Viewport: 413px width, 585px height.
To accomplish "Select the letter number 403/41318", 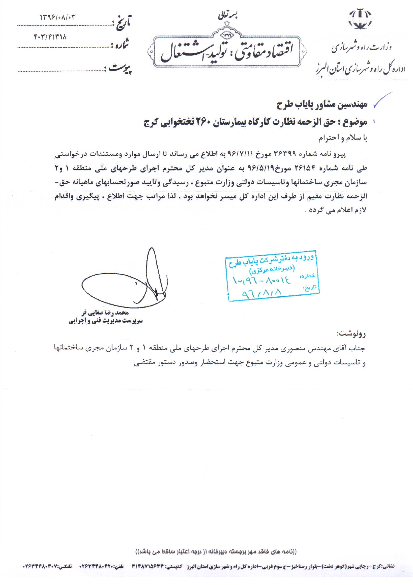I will tap(50, 37).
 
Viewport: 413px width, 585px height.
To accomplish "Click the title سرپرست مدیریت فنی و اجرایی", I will tap(105, 321).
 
